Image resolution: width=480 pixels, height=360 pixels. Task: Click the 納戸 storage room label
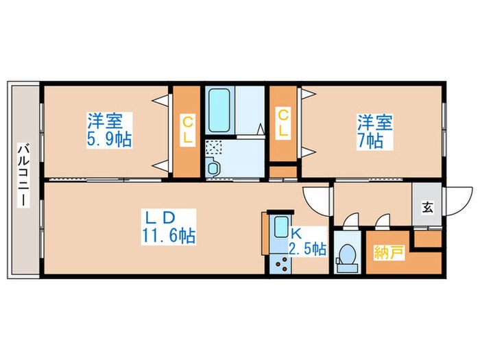pyautogui.click(x=387, y=252)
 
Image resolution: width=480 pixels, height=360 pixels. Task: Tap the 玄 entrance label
pyautogui.click(x=427, y=206)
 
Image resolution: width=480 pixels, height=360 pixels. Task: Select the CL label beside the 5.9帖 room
pyautogui.click(x=187, y=130)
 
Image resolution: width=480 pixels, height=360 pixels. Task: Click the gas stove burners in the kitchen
pyautogui.click(x=280, y=263)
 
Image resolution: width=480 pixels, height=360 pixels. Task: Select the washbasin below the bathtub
pyautogui.click(x=211, y=168)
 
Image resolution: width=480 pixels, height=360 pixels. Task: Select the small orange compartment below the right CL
pyautogui.click(x=282, y=171)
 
